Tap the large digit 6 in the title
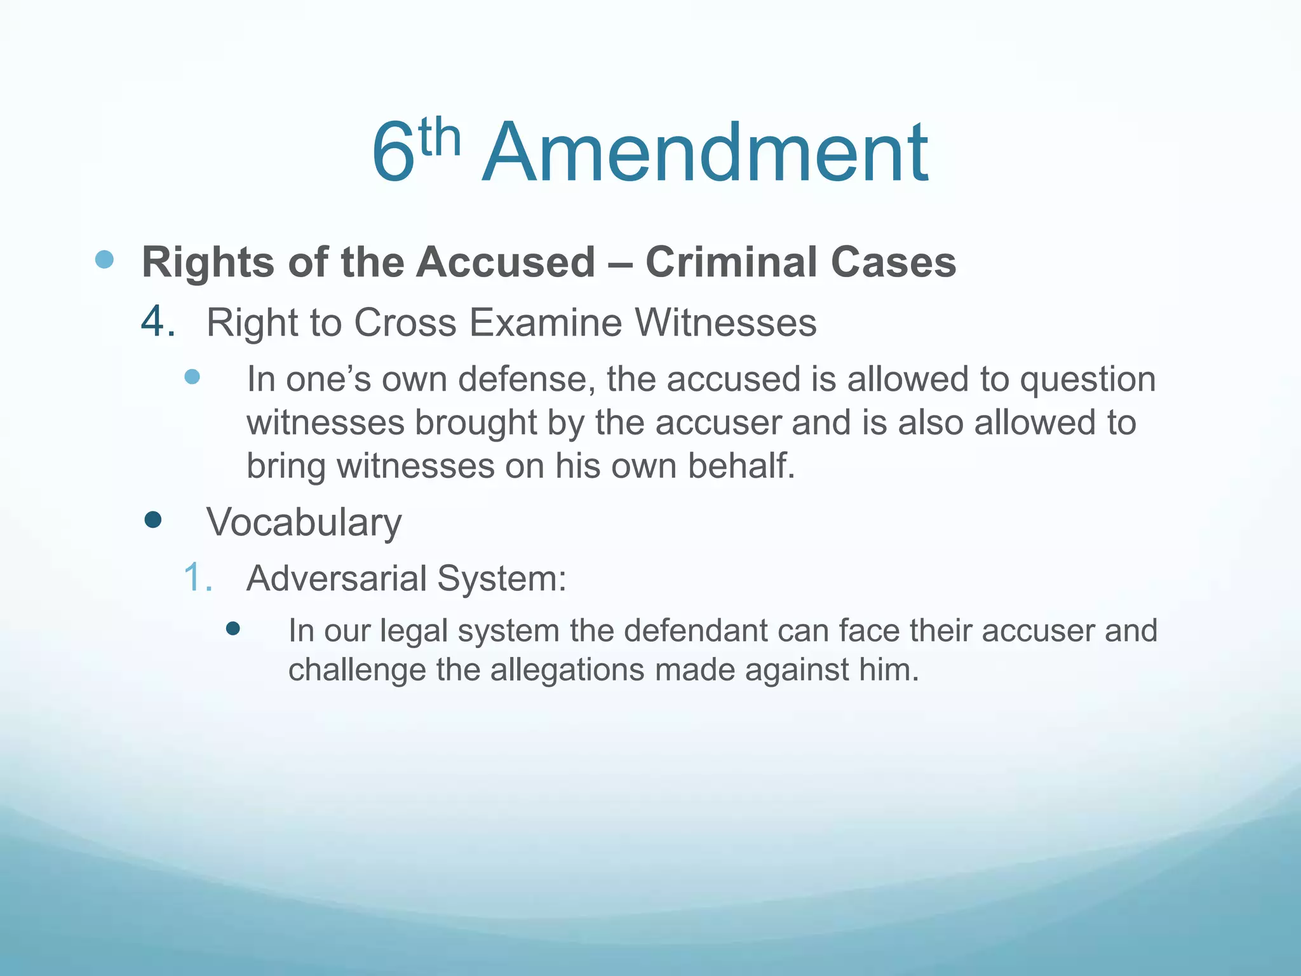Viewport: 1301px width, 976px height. (x=393, y=154)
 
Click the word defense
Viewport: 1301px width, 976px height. (x=527, y=379)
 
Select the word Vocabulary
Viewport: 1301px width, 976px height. (x=304, y=522)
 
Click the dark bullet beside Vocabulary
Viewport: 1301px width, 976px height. (x=153, y=520)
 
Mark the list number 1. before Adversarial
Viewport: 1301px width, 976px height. (x=198, y=578)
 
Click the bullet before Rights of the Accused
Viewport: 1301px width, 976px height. (x=104, y=259)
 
